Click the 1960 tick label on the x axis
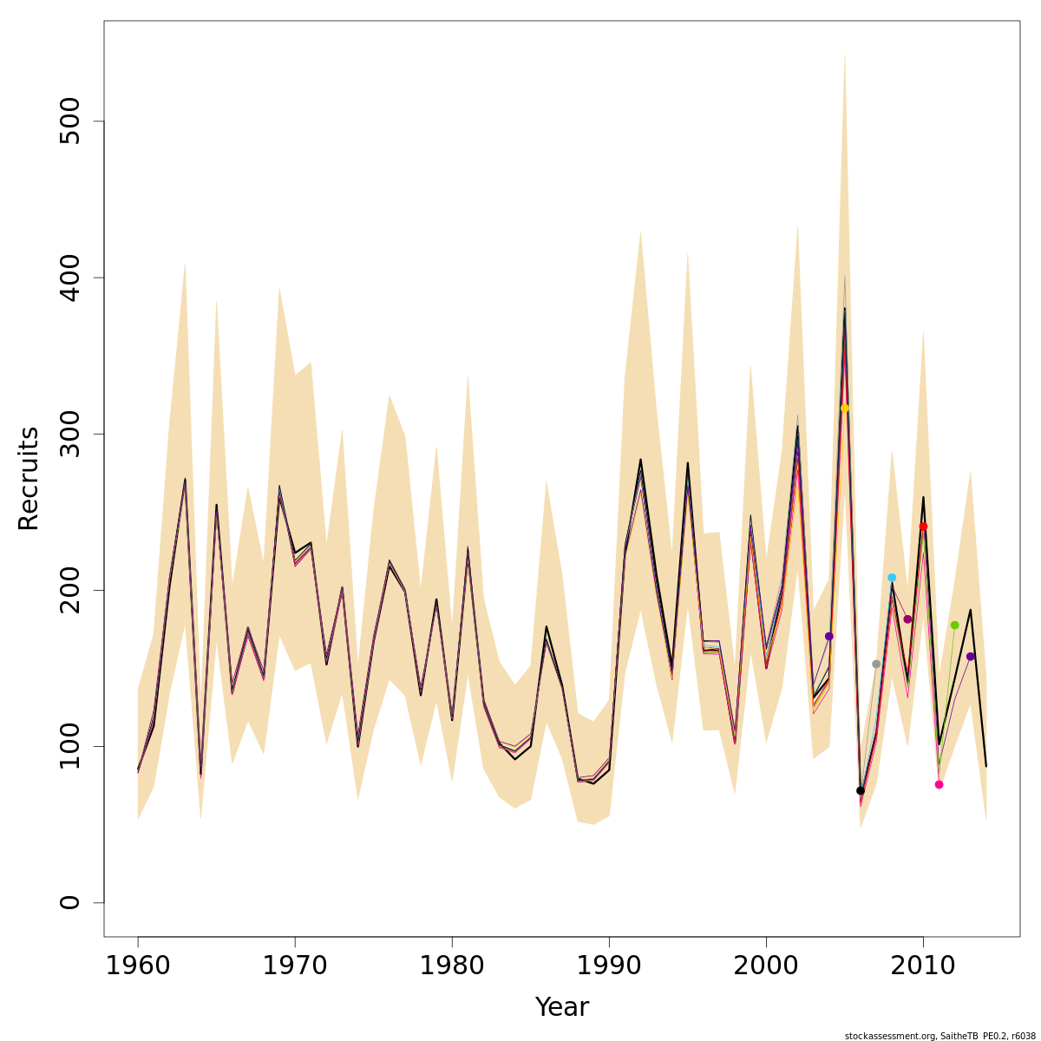tap(138, 966)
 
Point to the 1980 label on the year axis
tap(452, 966)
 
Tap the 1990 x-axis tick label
tap(609, 966)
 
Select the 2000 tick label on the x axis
tap(766, 966)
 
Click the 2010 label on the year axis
tap(923, 966)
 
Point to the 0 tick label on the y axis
tap(70, 902)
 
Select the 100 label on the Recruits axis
tap(70, 746)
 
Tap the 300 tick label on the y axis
tap(70, 434)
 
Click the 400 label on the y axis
tap(70, 278)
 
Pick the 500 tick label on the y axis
tap(70, 121)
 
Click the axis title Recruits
tap(29, 478)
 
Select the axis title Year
tap(561, 1007)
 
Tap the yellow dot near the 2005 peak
tap(845, 408)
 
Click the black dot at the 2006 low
tap(861, 790)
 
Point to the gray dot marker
tap(876, 664)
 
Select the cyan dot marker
tap(892, 578)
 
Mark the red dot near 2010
tap(923, 527)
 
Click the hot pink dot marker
tap(939, 784)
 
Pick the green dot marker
tap(954, 625)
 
